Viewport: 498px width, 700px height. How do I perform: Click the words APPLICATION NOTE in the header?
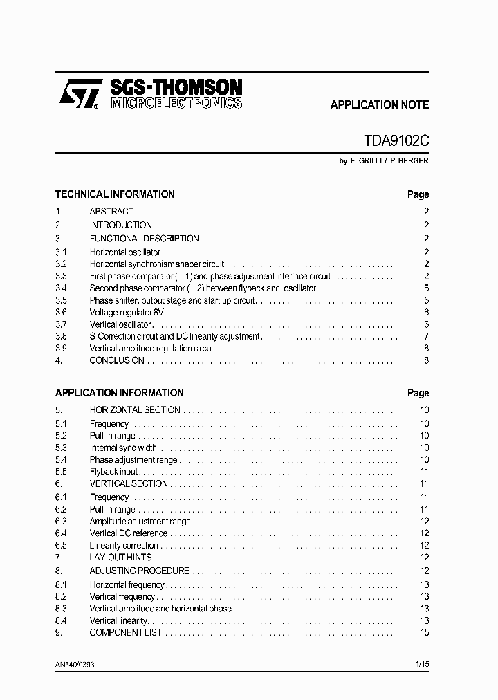pos(379,105)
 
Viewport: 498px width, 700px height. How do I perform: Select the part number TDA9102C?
pos(396,140)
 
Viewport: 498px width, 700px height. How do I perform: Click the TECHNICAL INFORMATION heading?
pos(115,194)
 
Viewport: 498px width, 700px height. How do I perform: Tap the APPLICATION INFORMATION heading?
pos(119,393)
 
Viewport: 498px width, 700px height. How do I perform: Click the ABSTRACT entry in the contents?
pos(111,212)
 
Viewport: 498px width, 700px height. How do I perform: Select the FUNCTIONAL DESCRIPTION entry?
pos(144,239)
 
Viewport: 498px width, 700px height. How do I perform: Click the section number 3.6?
pos(61,313)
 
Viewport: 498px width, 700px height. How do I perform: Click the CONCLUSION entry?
pos(117,360)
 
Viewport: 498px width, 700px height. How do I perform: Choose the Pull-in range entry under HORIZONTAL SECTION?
pos(112,436)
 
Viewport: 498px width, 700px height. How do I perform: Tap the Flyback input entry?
pos(113,472)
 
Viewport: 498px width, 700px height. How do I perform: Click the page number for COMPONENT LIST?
pos(425,633)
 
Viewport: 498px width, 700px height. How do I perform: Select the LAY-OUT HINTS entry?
pos(120,558)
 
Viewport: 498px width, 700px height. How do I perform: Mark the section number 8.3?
pos(61,609)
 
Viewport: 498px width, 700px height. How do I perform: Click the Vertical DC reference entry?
pos(129,533)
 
